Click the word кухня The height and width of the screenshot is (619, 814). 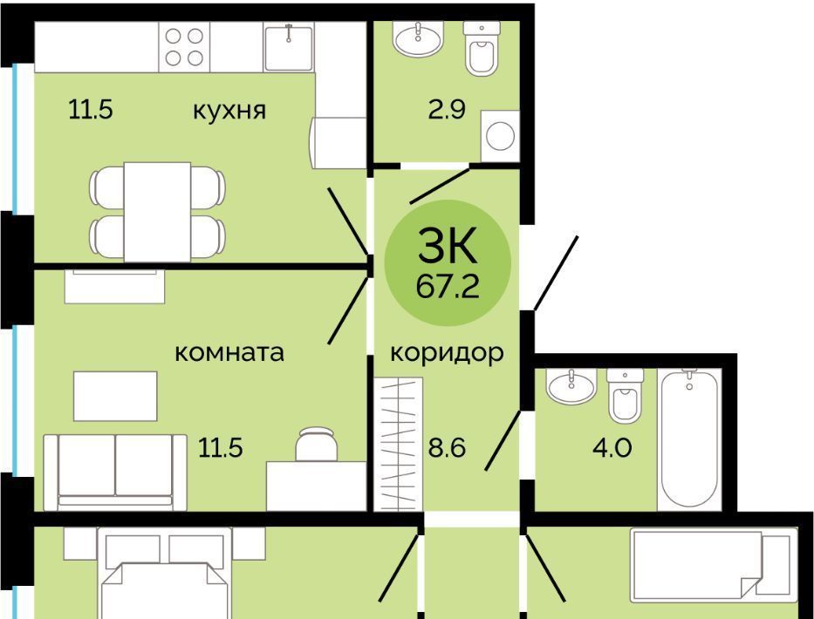tap(229, 110)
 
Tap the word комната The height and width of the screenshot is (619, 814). tap(229, 353)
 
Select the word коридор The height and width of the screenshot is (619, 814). tap(447, 354)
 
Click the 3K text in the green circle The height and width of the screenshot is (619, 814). tap(447, 246)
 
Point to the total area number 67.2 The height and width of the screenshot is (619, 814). tap(448, 287)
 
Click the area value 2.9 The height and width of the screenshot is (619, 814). tap(447, 110)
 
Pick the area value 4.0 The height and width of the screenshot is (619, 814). tap(612, 448)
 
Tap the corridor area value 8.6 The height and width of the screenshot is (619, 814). tap(447, 448)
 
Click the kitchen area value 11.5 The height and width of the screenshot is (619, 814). tap(91, 110)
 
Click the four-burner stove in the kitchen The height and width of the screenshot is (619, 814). tap(184, 47)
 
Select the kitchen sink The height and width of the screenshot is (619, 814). tap(289, 47)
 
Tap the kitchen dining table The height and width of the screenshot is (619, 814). tap(157, 212)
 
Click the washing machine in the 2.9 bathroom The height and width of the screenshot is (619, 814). tap(500, 136)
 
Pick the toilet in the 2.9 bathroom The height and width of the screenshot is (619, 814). tap(482, 49)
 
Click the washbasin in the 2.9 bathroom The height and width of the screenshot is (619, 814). tap(418, 38)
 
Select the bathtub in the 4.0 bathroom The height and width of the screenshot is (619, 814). tap(689, 439)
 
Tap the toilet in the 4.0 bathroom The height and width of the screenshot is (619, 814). tap(625, 395)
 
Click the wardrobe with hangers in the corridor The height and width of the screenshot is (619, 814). tap(398, 444)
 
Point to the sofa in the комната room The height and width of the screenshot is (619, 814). tap(115, 473)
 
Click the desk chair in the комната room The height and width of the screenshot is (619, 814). tap(316, 444)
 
